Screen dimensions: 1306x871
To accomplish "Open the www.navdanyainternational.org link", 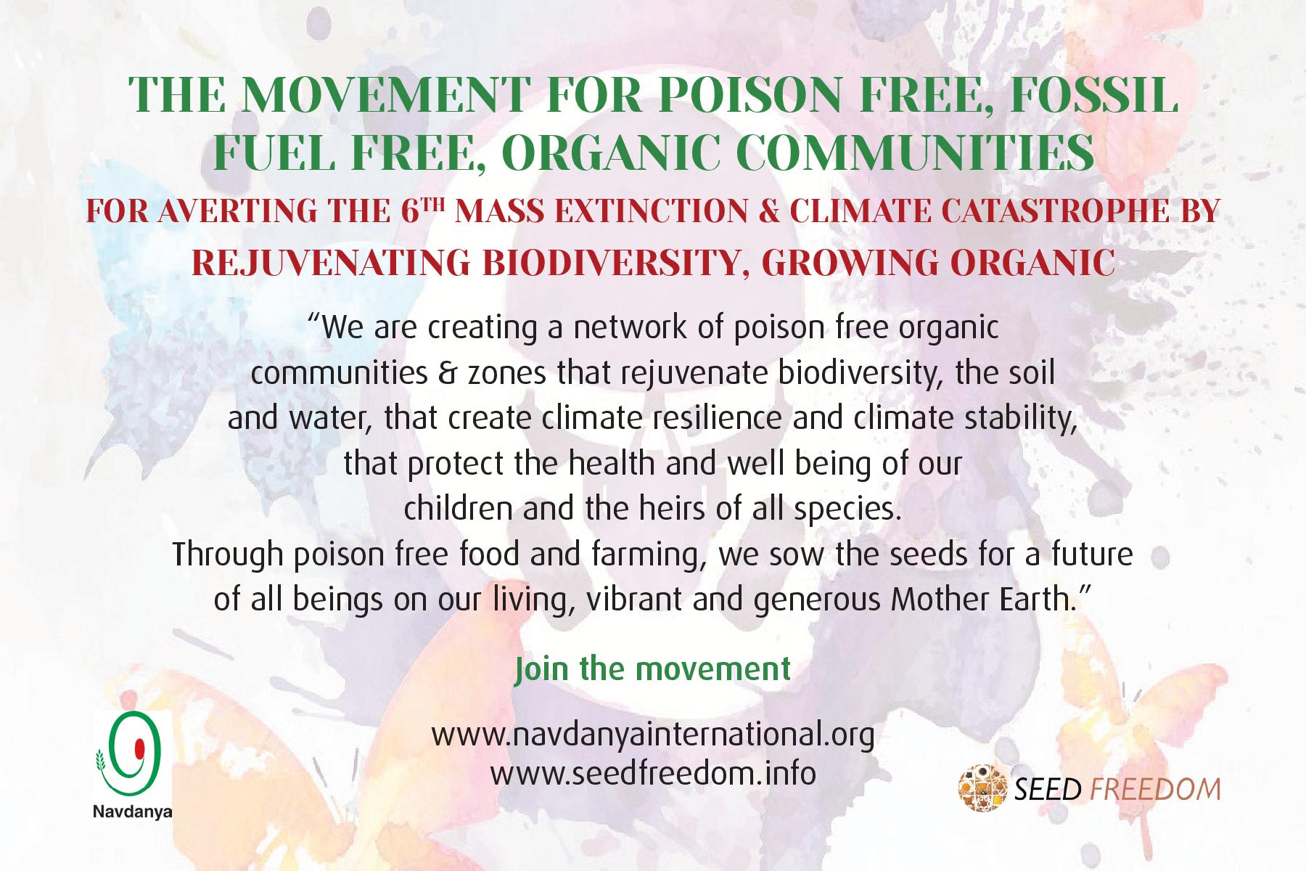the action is (x=653, y=735).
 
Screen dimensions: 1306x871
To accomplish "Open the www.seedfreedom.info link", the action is (x=653, y=773).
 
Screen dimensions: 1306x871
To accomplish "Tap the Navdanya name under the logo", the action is (x=132, y=812).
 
